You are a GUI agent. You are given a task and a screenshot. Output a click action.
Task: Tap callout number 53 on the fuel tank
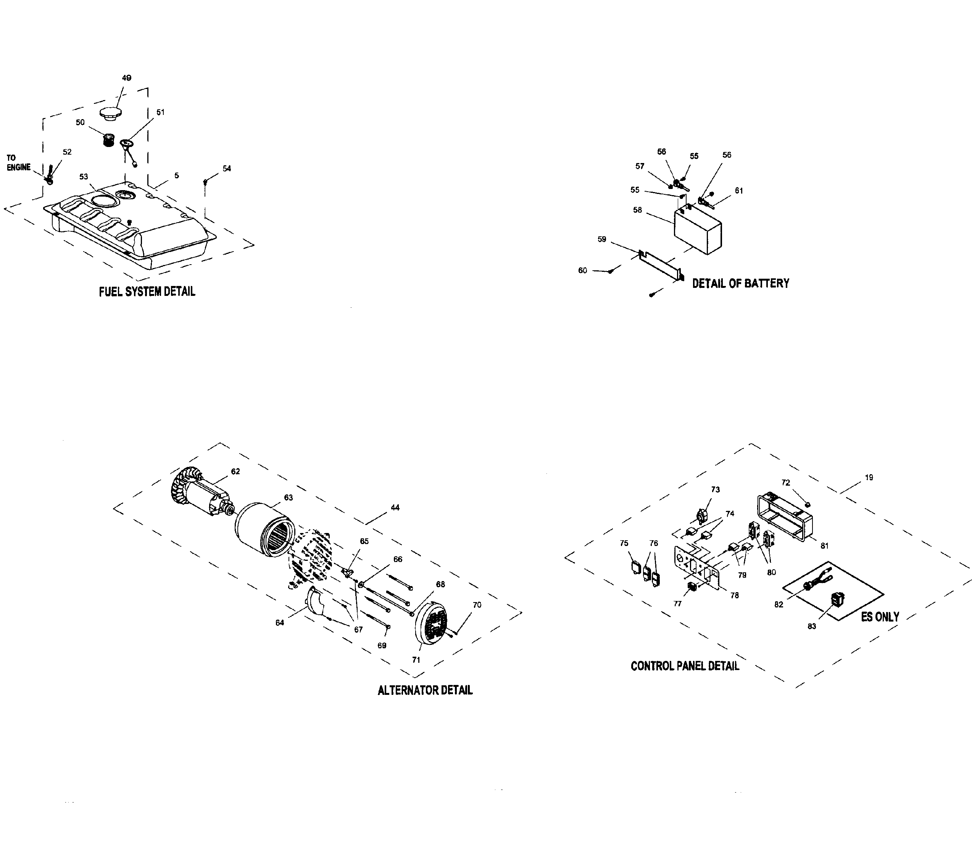[84, 177]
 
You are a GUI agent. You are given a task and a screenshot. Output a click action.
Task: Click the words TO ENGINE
[18, 163]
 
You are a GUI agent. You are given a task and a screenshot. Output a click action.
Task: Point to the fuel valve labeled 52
[49, 175]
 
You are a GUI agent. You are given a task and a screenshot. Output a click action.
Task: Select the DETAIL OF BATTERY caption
[740, 283]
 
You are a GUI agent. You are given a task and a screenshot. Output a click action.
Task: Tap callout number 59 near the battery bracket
[602, 239]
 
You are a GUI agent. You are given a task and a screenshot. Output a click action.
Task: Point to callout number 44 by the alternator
[395, 507]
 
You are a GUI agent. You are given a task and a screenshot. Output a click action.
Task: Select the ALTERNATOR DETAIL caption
[425, 690]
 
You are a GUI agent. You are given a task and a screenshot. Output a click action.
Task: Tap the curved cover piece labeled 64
[316, 602]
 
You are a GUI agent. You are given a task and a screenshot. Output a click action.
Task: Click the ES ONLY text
[879, 617]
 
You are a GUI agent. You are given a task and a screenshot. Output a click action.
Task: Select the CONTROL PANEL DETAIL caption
[684, 666]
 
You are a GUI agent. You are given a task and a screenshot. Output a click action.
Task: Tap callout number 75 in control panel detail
[624, 543]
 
